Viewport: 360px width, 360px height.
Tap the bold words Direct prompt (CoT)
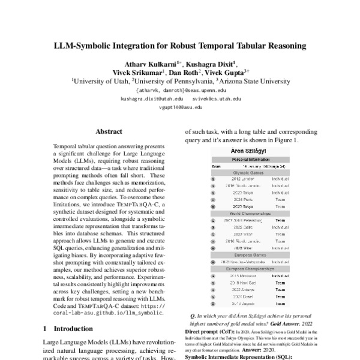click(206, 331)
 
